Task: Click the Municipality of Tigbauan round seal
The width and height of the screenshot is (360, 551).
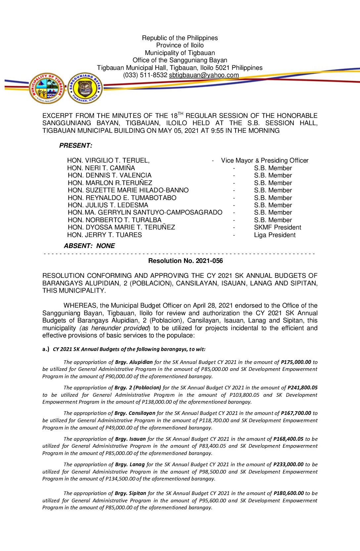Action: pos(47,88)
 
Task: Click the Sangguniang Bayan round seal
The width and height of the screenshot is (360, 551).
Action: pos(85,88)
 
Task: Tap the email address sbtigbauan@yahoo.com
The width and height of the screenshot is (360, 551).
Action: pos(204,75)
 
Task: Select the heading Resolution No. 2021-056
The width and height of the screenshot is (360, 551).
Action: pos(185,261)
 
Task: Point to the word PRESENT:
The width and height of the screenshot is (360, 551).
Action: pos(76,146)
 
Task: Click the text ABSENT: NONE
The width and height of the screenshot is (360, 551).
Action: pos(89,246)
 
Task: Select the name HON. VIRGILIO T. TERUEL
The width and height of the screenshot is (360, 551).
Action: pos(108,161)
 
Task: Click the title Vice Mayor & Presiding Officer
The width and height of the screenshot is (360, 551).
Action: pos(265,161)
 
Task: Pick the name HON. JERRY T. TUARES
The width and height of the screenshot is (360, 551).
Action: pos(105,235)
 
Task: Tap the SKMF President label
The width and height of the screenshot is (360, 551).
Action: pos(277,227)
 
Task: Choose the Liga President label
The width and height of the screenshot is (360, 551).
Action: pos(275,235)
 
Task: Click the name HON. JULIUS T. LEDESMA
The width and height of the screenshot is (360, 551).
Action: pos(108,205)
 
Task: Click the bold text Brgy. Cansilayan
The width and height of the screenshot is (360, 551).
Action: pos(135,413)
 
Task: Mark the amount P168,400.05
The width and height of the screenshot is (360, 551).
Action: pos(288,439)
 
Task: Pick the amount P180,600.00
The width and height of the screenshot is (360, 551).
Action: pos(289,493)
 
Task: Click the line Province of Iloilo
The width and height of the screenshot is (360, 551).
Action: pos(180,45)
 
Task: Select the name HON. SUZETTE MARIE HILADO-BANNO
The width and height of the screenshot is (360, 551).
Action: pos(128,190)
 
